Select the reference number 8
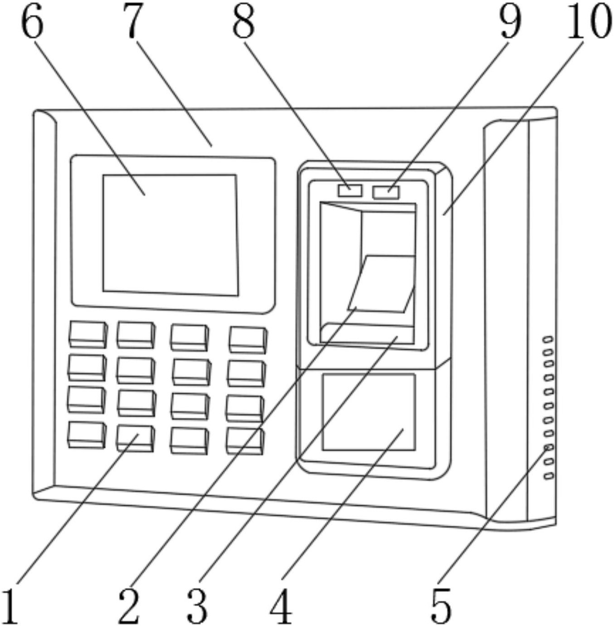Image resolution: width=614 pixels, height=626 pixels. click(243, 22)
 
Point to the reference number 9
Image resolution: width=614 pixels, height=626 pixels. click(511, 22)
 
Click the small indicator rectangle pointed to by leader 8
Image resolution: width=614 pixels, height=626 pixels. click(350, 191)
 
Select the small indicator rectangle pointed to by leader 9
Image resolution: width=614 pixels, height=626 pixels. click(386, 192)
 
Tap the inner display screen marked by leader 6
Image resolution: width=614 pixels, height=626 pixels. click(171, 235)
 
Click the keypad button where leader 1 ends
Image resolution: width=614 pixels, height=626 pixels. click(136, 439)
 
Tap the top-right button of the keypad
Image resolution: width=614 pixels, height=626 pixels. click(248, 341)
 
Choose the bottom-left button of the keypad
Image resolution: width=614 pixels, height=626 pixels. click(87, 435)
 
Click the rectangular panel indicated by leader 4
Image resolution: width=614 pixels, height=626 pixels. click(369, 412)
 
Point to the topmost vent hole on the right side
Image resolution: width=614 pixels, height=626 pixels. click(548, 339)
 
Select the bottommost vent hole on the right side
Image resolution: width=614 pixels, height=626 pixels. click(549, 476)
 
